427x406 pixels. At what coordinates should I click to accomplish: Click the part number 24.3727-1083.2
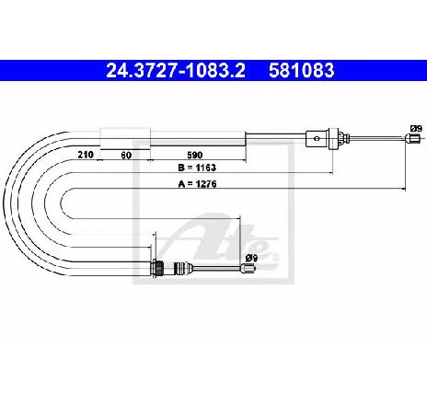tap(176, 70)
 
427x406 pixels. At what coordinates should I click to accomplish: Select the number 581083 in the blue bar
tap(302, 70)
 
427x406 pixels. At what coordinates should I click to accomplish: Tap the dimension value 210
tap(86, 155)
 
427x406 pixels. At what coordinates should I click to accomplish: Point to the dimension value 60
tap(126, 155)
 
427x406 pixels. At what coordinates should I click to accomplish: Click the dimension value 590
tap(194, 155)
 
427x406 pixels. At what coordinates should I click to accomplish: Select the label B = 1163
tap(197, 168)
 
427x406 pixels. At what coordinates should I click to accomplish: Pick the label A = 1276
tap(197, 184)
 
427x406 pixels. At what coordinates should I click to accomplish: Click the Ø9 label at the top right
tap(416, 129)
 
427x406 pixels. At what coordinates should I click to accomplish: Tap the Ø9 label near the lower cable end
tap(250, 259)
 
